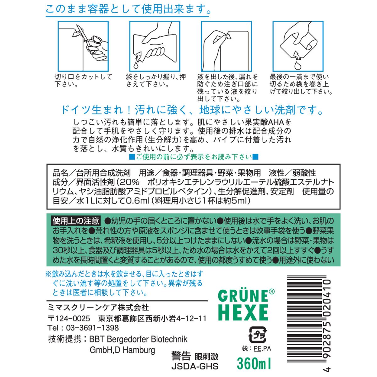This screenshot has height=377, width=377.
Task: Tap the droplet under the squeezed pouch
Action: coord(136,65)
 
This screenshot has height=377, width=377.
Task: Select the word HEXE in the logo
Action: coord(243,314)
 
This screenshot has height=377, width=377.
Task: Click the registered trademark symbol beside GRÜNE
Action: coord(272,292)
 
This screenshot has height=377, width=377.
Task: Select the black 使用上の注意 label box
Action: coord(76,221)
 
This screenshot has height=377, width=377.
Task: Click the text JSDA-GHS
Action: coord(195,366)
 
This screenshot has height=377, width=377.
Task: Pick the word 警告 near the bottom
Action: coord(181,356)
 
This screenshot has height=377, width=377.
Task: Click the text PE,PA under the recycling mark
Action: coord(262,348)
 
